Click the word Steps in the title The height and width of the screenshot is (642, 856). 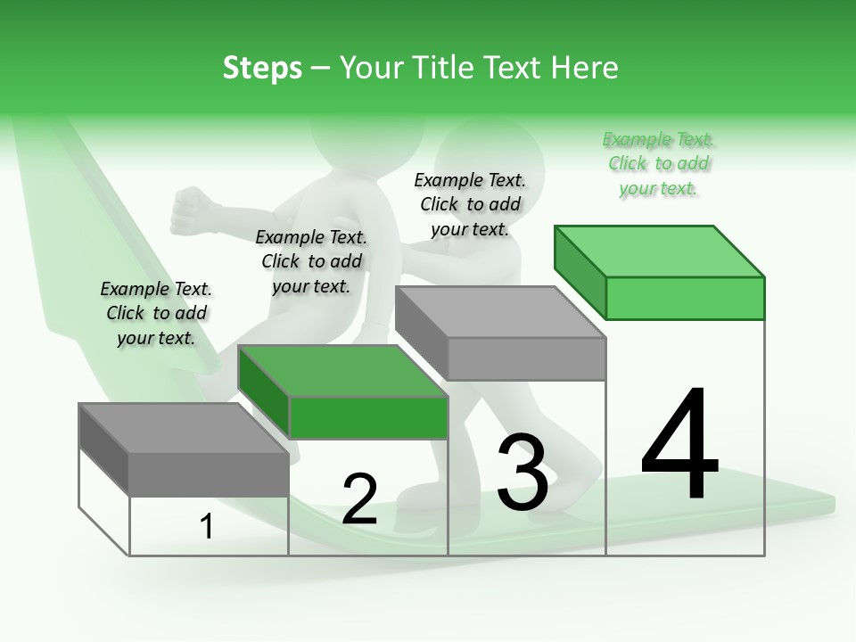tap(262, 68)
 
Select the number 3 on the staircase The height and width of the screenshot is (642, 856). tap(523, 473)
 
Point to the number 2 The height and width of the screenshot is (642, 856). tap(359, 499)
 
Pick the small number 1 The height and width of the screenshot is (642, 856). tap(207, 526)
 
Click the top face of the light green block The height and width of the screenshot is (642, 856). tap(658, 251)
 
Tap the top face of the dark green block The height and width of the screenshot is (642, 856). tap(342, 371)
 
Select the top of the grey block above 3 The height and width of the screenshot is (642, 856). tap(499, 312)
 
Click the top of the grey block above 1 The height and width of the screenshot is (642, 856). tap(184, 428)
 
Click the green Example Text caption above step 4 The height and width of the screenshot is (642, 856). tap(658, 163)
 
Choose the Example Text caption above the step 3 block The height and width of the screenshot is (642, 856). tap(470, 204)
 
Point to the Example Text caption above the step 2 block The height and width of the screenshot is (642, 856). tap(311, 261)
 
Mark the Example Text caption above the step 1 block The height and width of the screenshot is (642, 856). tap(156, 313)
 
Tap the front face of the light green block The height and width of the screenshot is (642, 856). tap(685, 298)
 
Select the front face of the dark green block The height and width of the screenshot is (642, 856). tap(368, 417)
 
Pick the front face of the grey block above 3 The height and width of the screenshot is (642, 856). tap(526, 358)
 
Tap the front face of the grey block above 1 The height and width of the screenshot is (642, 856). tap(209, 473)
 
